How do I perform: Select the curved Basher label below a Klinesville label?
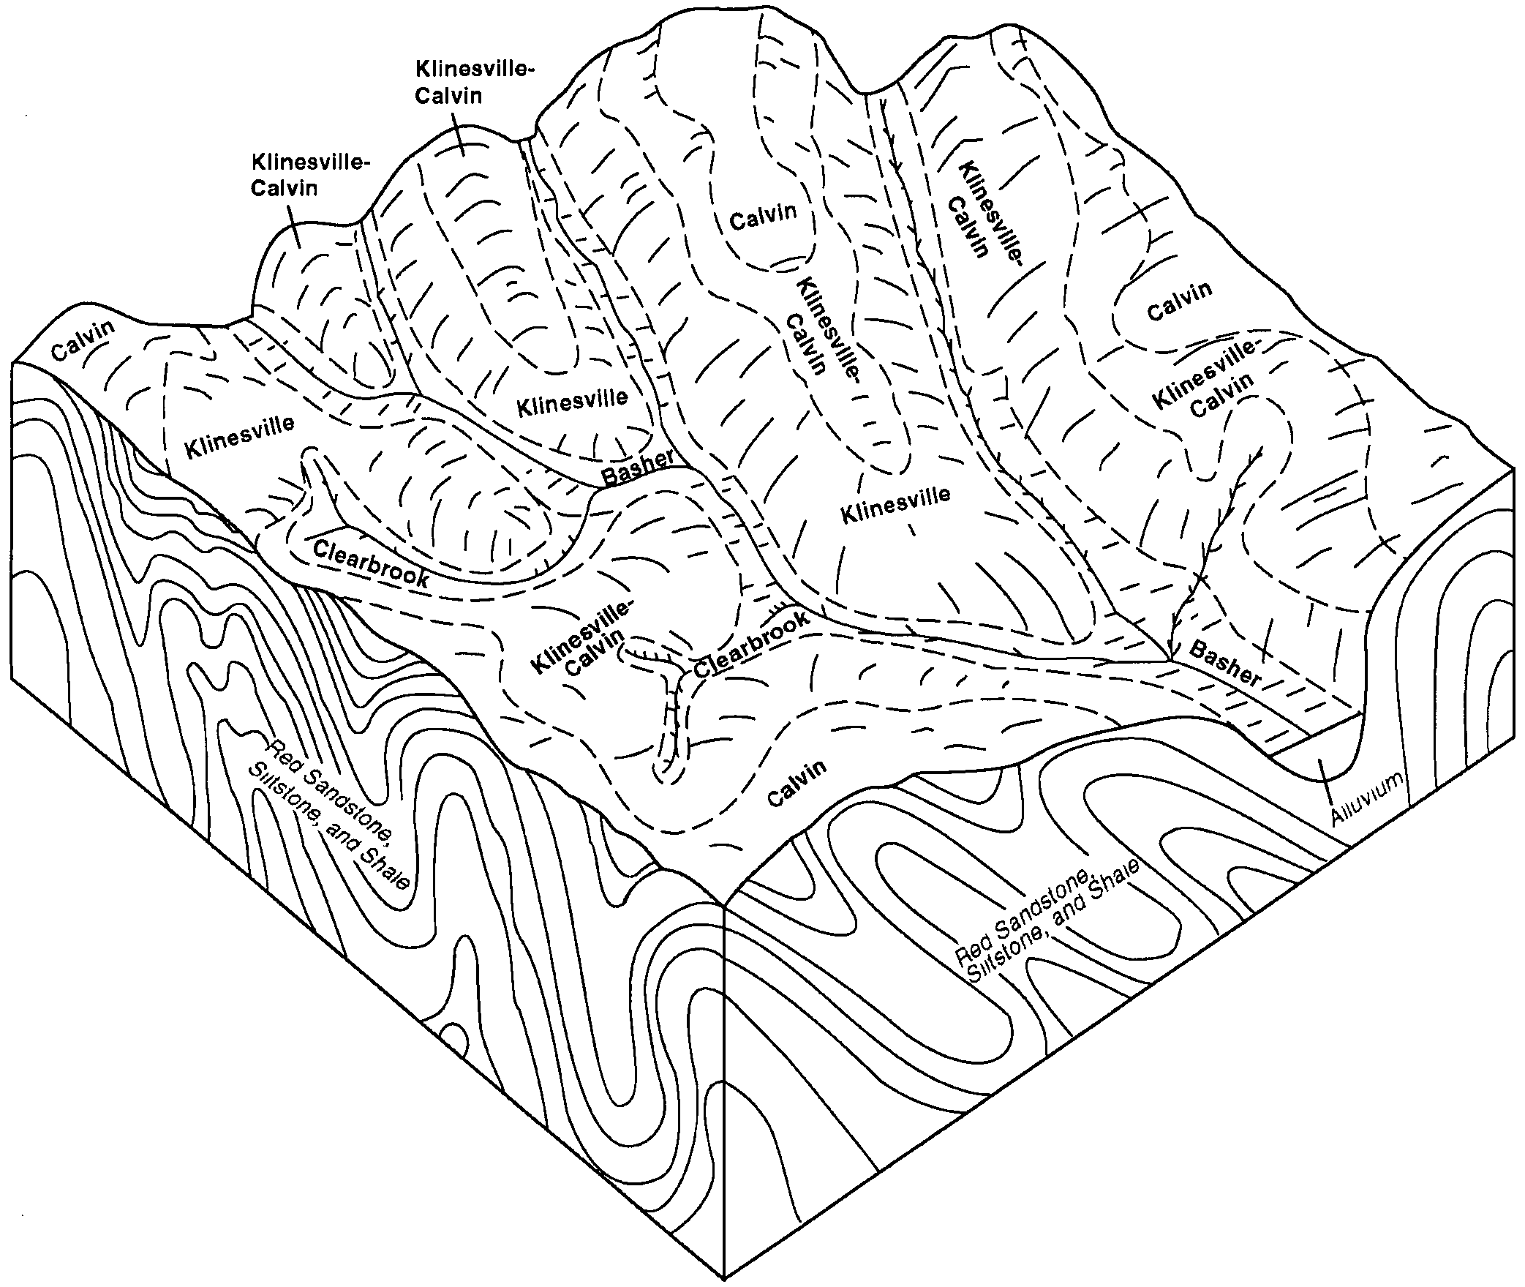tap(636, 468)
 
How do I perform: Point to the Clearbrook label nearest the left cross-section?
tap(372, 564)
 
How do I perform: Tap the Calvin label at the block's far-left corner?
tap(84, 339)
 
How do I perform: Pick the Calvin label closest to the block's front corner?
tap(797, 782)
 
